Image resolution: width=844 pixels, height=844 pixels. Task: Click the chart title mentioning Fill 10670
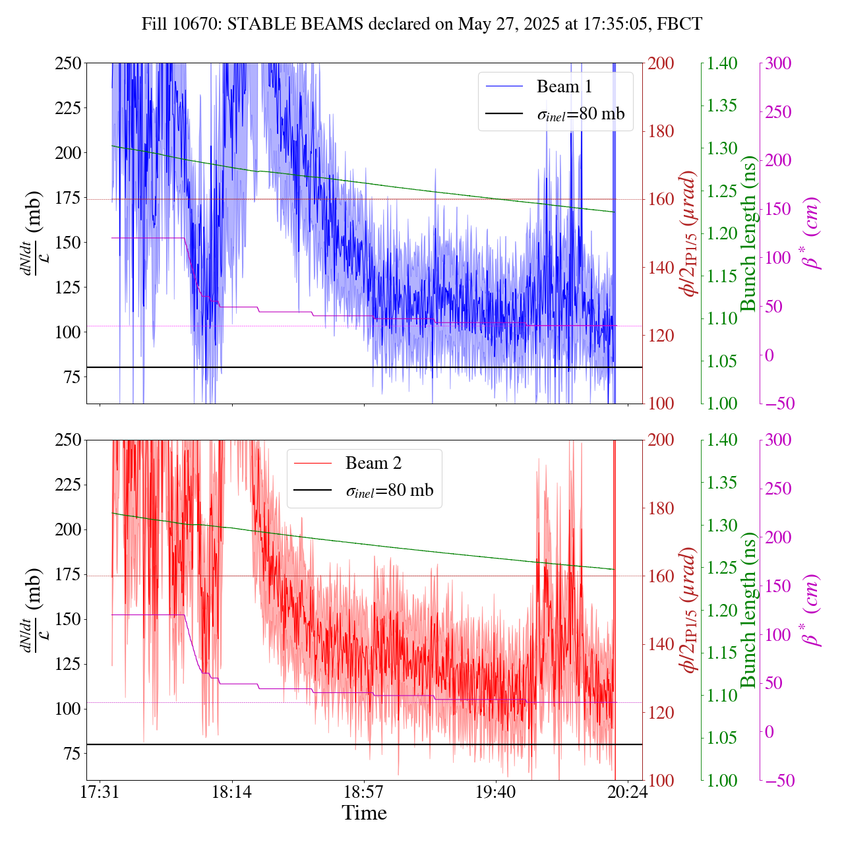(422, 24)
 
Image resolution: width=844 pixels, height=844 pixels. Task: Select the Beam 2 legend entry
(373, 463)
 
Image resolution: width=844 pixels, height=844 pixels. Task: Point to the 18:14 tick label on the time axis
(231, 791)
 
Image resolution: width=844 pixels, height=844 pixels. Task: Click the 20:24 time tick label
(627, 791)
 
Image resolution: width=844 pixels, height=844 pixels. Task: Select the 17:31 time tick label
(100, 791)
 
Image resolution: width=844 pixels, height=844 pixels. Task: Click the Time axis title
(364, 813)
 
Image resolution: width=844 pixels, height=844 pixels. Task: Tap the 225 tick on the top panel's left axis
(68, 108)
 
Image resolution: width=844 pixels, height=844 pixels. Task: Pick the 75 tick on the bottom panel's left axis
(72, 754)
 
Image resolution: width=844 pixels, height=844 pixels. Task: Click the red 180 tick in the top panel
(661, 131)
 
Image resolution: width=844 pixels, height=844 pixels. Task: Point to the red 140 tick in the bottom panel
(661, 644)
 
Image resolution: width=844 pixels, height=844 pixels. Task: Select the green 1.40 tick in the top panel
(723, 63)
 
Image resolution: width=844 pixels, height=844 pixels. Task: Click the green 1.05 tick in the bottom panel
(723, 738)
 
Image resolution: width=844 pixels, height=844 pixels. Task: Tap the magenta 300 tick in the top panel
(778, 63)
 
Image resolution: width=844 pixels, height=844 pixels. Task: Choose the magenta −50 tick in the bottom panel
(778, 781)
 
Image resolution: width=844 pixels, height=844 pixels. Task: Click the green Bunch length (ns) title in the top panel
(749, 233)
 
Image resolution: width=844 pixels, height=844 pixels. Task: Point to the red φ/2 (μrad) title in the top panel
(690, 233)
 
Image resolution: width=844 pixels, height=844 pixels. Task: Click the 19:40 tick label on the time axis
(495, 791)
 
